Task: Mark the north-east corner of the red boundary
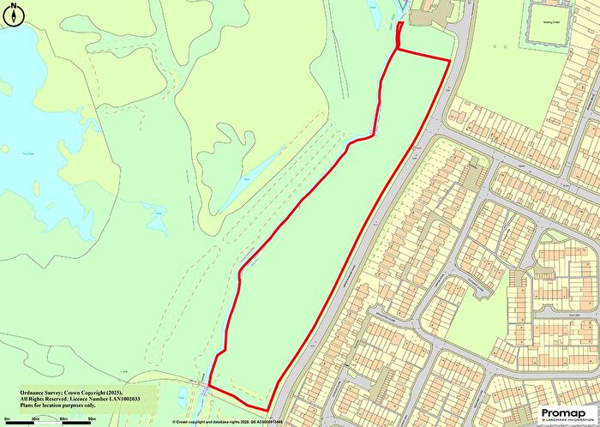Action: (x=449, y=61)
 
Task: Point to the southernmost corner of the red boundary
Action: (x=267, y=410)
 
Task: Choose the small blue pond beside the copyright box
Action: (x=182, y=396)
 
